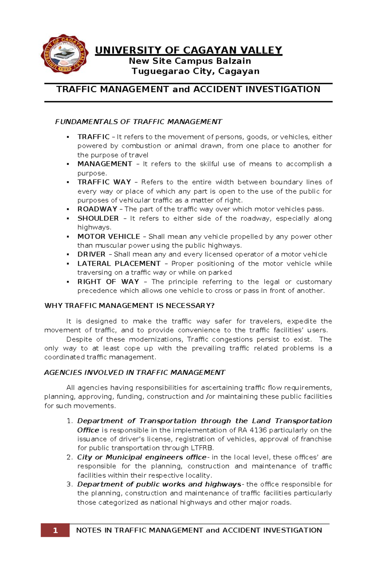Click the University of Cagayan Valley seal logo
64,54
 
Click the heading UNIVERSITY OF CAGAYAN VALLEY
188,50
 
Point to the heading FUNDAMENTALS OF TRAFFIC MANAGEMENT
139,122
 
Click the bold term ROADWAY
97,209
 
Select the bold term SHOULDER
98,218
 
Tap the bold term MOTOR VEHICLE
109,237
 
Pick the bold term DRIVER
91,255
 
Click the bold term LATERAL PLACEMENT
119,264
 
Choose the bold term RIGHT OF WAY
108,282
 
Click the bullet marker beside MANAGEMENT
68,164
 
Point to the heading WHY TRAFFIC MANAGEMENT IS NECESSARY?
129,306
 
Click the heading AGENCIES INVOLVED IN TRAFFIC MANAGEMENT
134,373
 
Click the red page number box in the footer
55,530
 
